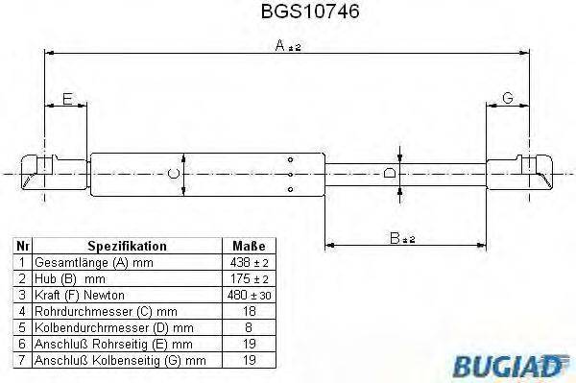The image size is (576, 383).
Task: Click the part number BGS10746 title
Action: (287, 13)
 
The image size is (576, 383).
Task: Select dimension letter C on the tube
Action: (172, 173)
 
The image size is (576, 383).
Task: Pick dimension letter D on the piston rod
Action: (388, 173)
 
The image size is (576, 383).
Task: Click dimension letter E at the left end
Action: (66, 99)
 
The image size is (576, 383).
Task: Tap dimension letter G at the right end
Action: (508, 99)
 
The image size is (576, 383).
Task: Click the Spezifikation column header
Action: (127, 246)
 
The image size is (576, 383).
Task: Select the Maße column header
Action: (249, 246)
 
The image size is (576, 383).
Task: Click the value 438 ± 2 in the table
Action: (249, 262)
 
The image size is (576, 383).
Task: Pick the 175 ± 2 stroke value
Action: (249, 278)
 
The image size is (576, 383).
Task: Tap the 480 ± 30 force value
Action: (249, 295)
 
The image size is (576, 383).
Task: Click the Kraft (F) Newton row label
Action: (80, 295)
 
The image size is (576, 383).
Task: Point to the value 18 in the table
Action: (249, 311)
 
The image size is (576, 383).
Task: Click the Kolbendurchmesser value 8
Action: (249, 327)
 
